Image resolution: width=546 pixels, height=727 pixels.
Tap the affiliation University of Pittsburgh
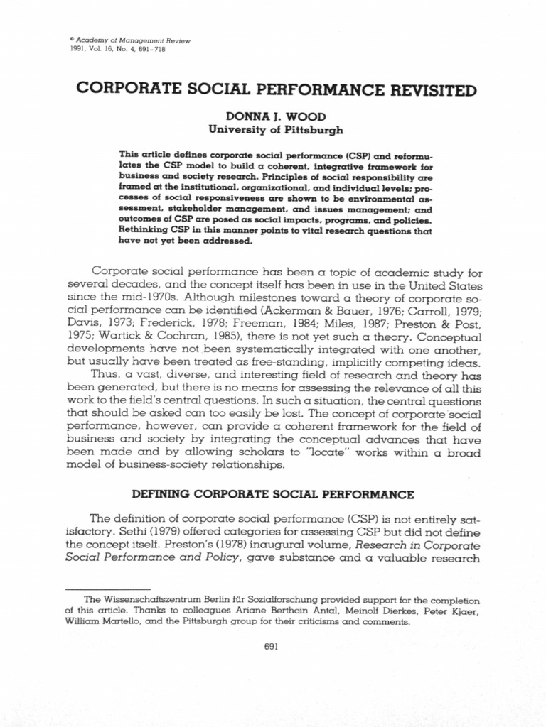pos(275,130)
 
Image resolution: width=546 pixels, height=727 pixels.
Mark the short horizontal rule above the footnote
pos(107,589)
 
